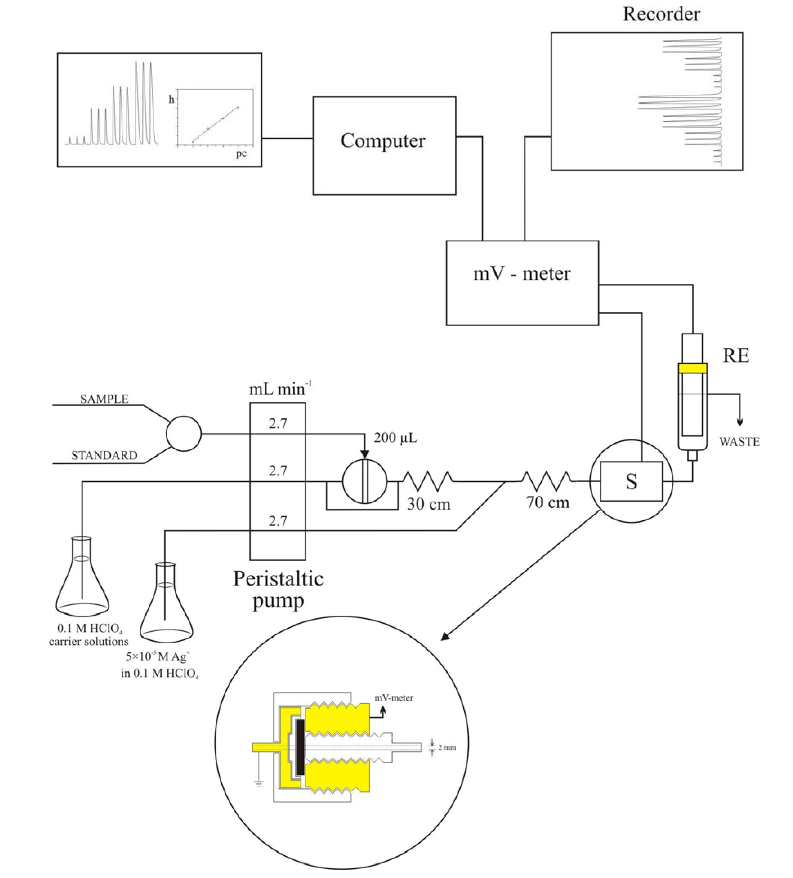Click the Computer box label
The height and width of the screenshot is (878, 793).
click(382, 141)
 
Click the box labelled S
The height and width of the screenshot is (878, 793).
click(631, 481)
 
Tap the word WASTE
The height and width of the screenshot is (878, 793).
click(739, 442)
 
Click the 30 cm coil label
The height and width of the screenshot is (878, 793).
click(429, 504)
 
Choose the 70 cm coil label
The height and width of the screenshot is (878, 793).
click(547, 502)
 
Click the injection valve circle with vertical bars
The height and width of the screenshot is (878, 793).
click(364, 481)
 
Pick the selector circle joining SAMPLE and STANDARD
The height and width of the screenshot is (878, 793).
click(183, 433)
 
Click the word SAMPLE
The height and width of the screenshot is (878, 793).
click(104, 399)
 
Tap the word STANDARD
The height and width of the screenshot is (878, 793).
click(104, 456)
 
